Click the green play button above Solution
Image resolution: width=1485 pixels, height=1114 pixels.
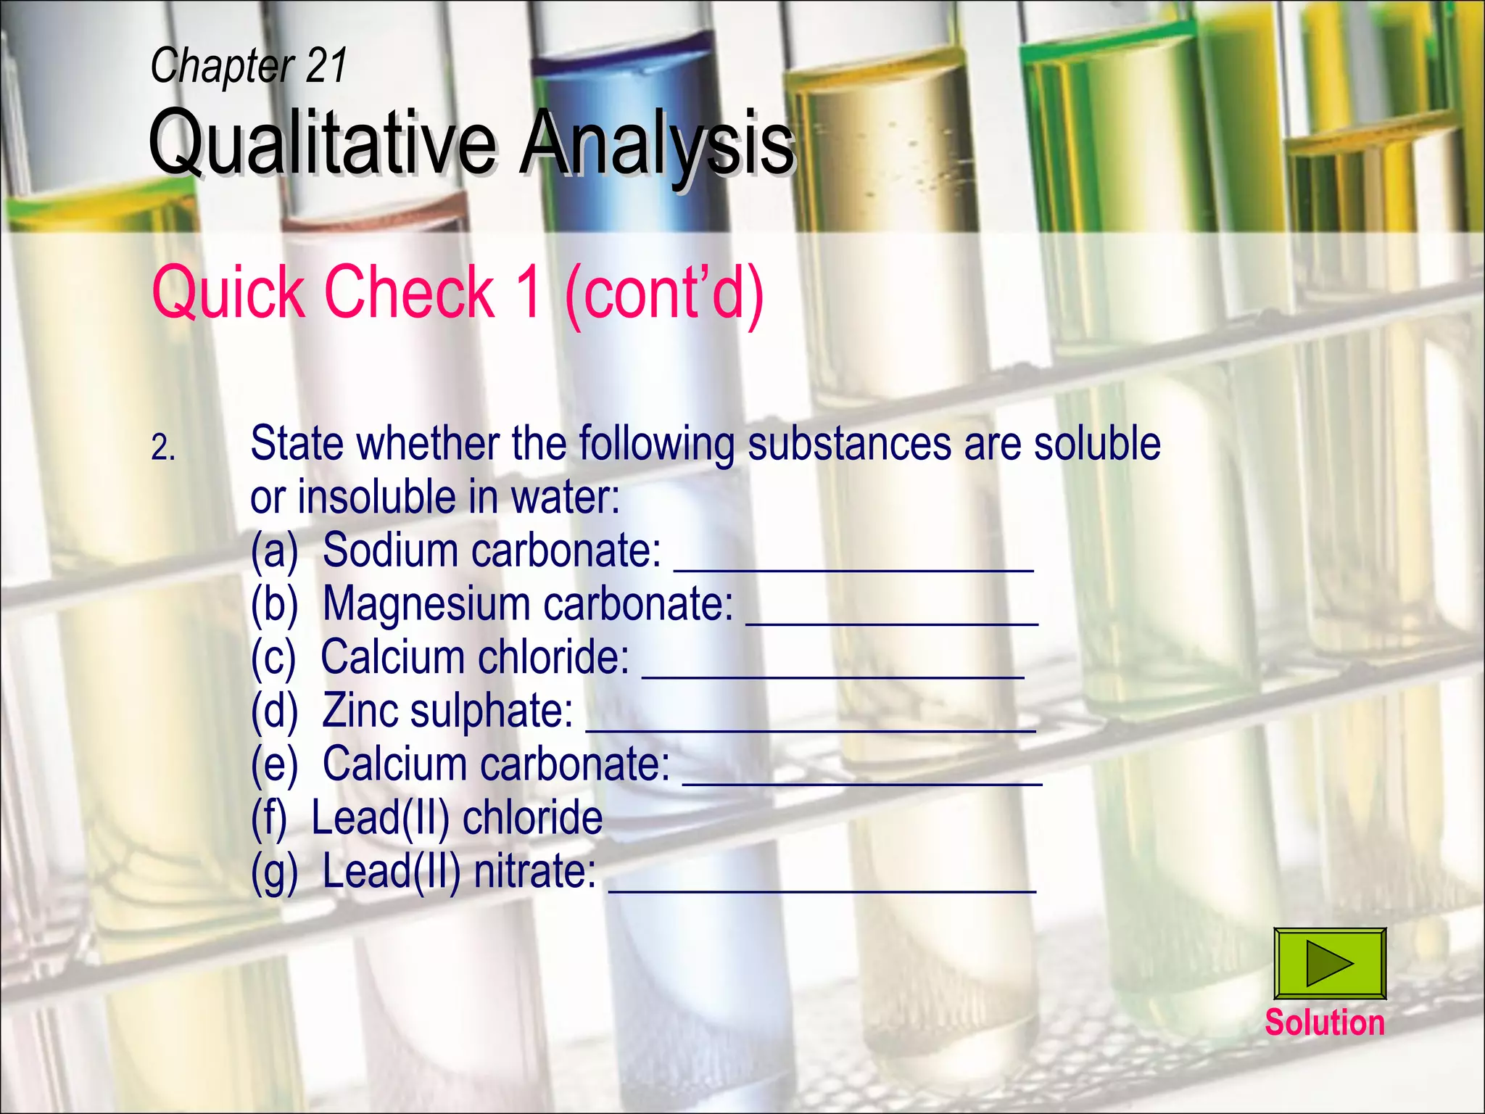click(x=1330, y=963)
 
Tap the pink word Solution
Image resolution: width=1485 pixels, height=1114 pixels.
click(x=1325, y=1023)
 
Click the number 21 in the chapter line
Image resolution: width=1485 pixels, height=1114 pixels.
click(x=326, y=65)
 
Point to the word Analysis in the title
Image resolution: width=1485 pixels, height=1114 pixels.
click(x=656, y=143)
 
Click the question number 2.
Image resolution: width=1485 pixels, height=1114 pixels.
click(x=163, y=448)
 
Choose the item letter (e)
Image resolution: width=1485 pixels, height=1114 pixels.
click(x=274, y=764)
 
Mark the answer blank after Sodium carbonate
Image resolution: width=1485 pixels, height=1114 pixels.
click(x=853, y=565)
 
